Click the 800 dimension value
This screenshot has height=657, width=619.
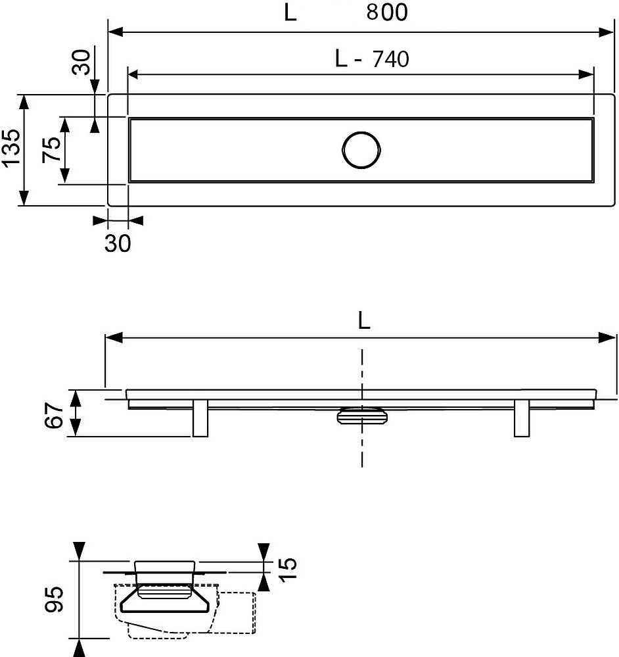387,12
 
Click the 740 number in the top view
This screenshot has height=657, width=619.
390,59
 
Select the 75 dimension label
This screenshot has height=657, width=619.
52,149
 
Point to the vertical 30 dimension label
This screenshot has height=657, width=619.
81,62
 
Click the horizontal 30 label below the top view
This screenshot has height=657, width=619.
118,243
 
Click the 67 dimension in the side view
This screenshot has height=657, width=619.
54,415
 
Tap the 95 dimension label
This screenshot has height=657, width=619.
54,600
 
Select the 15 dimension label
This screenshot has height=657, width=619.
288,569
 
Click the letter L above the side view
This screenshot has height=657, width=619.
364,321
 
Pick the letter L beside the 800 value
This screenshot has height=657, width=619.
290,12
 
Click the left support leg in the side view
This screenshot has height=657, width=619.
200,418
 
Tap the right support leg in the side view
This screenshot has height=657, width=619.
522,418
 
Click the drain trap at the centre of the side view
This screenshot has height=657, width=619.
363,415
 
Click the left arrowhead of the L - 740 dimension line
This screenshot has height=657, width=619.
133,74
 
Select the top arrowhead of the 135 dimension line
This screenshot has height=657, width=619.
24,101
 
